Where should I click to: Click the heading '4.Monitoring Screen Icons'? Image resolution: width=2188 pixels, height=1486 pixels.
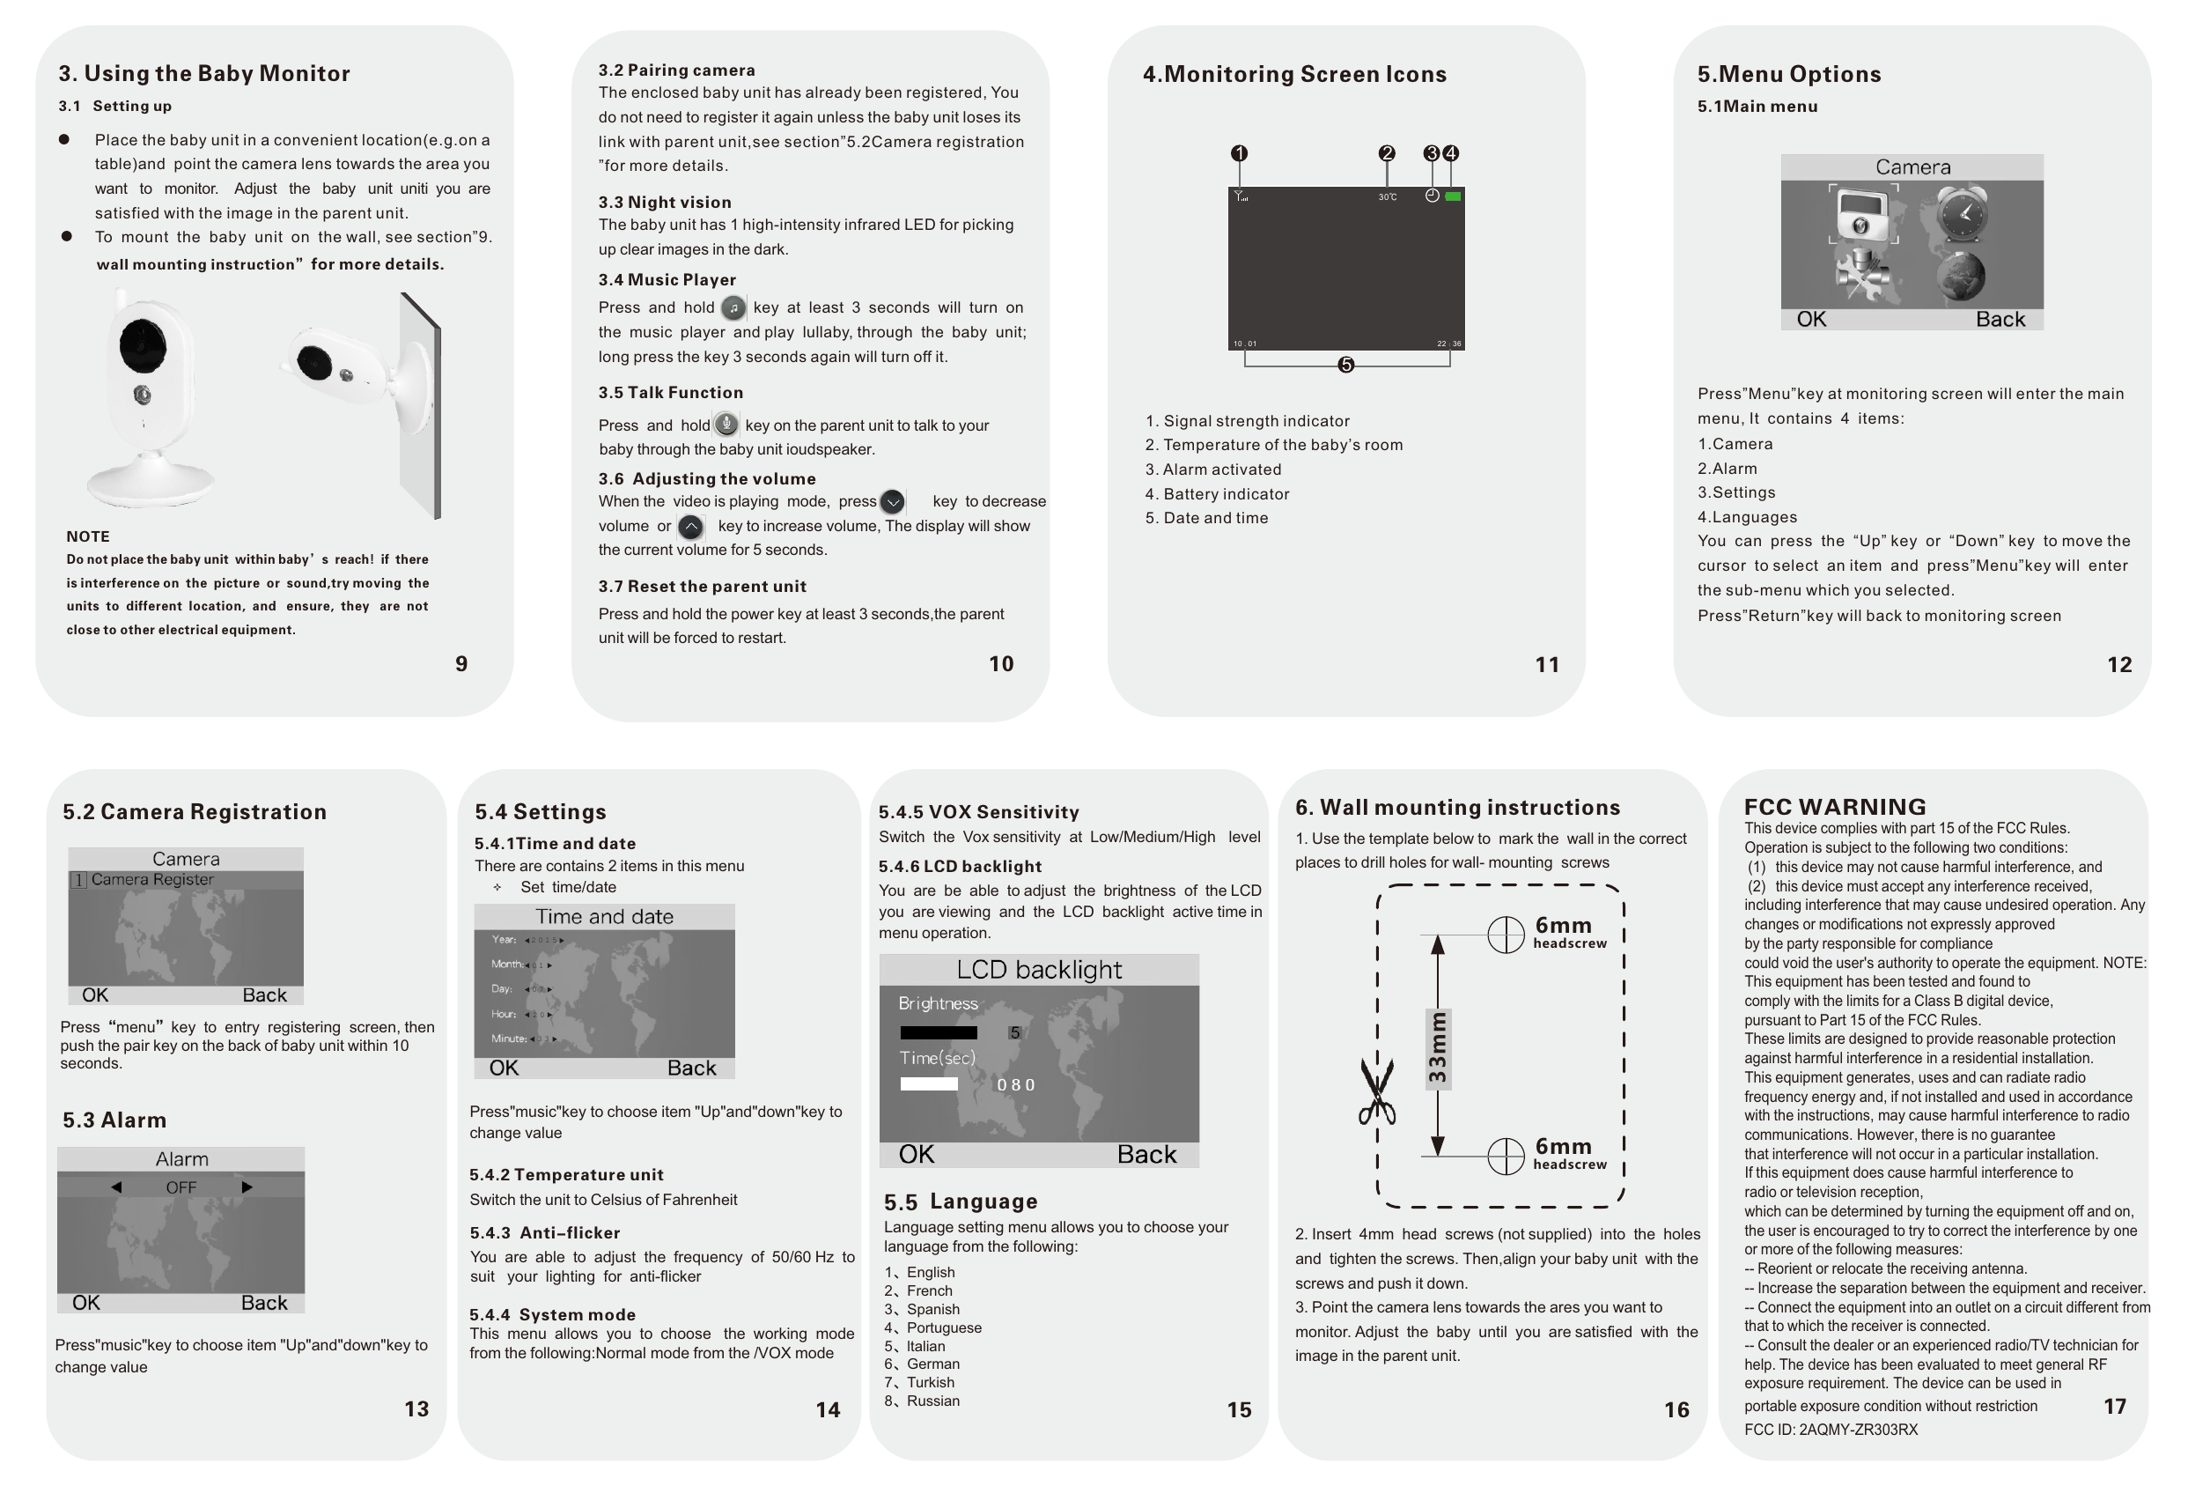pyautogui.click(x=1293, y=74)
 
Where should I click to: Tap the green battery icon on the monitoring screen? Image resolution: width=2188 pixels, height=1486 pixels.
pyautogui.click(x=1453, y=196)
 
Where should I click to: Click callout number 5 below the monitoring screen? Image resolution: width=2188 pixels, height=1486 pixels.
pyautogui.click(x=1345, y=365)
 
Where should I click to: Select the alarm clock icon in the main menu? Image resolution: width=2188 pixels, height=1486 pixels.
pyautogui.click(x=1963, y=214)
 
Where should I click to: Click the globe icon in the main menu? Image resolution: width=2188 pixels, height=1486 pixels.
pyautogui.click(x=1961, y=276)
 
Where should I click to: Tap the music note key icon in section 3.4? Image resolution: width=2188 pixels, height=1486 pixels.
pyautogui.click(x=733, y=308)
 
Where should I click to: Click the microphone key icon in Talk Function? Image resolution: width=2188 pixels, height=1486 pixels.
pyautogui.click(x=726, y=425)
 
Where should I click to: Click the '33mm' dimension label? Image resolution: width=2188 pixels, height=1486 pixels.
pyautogui.click(x=1438, y=1048)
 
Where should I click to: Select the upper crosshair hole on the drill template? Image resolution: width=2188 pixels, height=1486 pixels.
pyautogui.click(x=1506, y=935)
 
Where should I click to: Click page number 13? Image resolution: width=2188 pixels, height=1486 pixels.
pyautogui.click(x=416, y=1408)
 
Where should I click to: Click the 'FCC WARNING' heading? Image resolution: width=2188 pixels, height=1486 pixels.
pyautogui.click(x=1834, y=807)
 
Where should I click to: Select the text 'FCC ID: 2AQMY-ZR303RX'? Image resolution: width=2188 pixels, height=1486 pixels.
pyautogui.click(x=1831, y=1430)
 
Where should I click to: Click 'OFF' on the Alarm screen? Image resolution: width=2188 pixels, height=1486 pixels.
pyautogui.click(x=180, y=1187)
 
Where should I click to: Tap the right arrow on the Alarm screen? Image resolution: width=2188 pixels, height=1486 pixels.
pyautogui.click(x=247, y=1187)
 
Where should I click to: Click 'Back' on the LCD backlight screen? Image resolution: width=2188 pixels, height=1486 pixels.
pyautogui.click(x=1146, y=1155)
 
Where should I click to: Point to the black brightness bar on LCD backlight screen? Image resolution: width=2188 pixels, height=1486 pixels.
pyautogui.click(x=938, y=1033)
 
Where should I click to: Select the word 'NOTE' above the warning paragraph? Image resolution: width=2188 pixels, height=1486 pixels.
pyautogui.click(x=87, y=536)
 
